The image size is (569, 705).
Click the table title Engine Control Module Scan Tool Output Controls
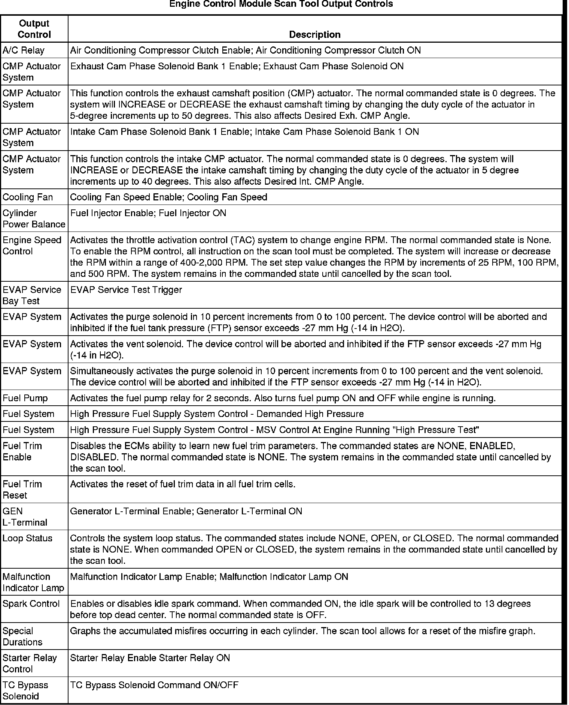coord(281,4)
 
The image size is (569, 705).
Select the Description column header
coord(314,34)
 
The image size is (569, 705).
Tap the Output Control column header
coord(34,29)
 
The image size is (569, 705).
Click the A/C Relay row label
coord(24,50)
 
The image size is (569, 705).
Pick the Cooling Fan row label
coord(28,197)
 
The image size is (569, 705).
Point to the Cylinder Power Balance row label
coord(34,218)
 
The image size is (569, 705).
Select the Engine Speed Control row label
coord(32,245)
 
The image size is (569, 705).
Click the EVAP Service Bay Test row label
coord(32,295)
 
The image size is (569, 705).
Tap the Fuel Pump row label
coord(25,398)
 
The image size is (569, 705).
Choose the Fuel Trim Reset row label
coord(22,489)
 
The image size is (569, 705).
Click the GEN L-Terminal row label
coord(25,517)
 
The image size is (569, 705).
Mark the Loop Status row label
coord(27,538)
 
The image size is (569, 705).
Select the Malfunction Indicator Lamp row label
coord(33,582)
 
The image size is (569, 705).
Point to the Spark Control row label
coord(31,603)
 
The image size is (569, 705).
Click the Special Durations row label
coord(22,636)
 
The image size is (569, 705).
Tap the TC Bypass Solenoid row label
coord(25,690)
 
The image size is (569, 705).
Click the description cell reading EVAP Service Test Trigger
coord(126,290)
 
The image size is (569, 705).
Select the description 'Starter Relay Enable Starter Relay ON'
coord(150,658)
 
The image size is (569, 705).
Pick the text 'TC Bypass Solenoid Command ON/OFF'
coord(154,685)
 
